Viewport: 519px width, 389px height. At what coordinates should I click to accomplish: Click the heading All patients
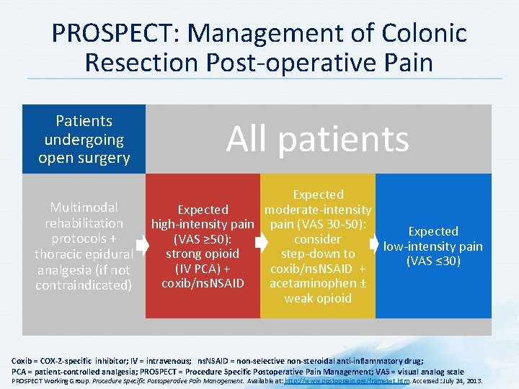[317, 138]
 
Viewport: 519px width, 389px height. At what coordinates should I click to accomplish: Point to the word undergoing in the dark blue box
[84, 139]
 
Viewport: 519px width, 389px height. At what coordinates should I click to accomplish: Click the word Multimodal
[84, 208]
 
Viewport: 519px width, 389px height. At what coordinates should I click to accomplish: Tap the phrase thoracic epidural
[84, 254]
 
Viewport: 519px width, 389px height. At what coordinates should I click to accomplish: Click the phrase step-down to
[318, 254]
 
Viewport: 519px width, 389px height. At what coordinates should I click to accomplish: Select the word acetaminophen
[311, 283]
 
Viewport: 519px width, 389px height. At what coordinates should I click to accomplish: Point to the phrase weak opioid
[318, 298]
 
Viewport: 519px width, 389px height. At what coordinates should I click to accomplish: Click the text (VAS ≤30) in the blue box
[433, 261]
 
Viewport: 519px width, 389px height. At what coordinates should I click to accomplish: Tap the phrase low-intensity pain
[433, 246]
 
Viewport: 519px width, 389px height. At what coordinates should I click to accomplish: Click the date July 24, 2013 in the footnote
[463, 380]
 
